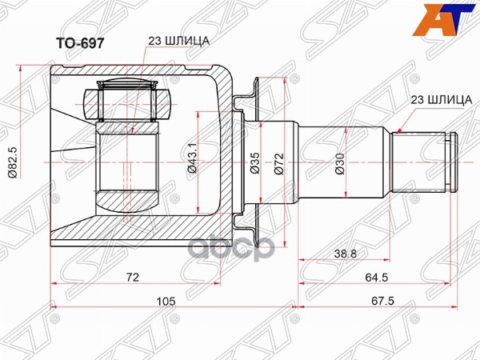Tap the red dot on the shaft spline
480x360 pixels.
[x=399, y=129]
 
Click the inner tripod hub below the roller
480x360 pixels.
[x=128, y=164]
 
